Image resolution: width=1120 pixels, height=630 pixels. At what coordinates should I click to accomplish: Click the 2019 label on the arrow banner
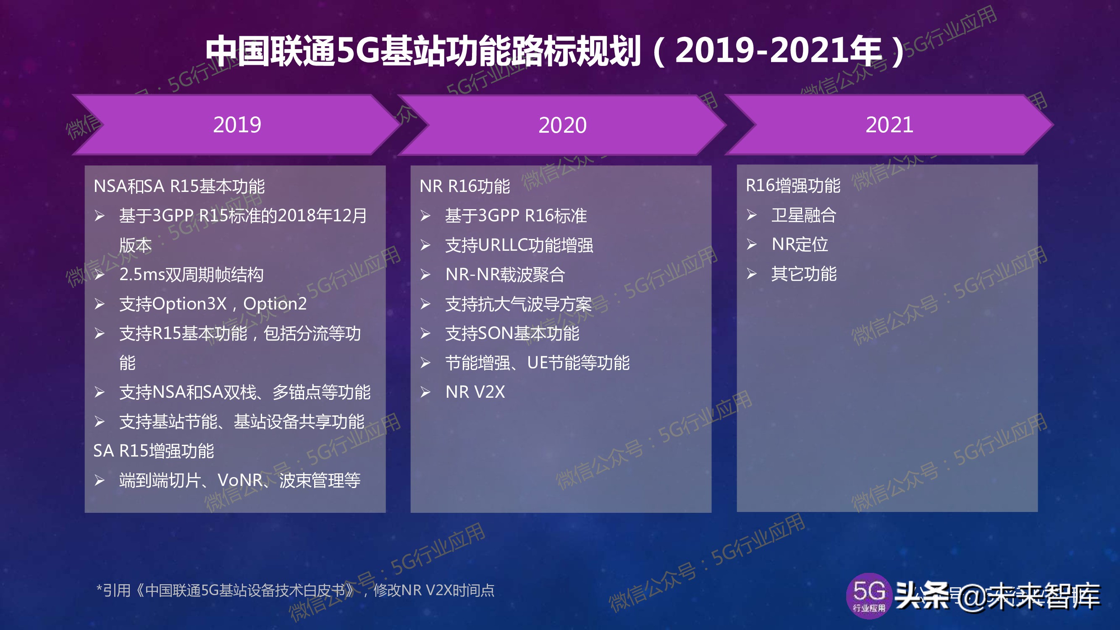[237, 125]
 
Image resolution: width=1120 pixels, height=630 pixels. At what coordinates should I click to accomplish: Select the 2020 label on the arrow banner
[562, 125]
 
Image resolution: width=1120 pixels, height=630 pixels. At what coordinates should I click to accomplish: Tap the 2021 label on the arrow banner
[889, 125]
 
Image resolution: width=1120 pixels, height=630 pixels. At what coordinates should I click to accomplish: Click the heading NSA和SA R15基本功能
[179, 186]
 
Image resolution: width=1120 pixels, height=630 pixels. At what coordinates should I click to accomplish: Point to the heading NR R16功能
[464, 186]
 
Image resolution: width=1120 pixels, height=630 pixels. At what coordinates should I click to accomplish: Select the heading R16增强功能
[792, 185]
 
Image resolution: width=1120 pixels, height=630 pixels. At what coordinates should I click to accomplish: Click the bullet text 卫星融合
[803, 215]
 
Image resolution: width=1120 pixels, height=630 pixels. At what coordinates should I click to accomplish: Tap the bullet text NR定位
[800, 244]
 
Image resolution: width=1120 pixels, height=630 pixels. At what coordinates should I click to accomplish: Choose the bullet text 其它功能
[803, 274]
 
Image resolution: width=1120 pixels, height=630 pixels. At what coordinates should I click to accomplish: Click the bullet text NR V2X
[475, 392]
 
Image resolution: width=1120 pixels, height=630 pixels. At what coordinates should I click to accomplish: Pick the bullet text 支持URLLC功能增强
[519, 245]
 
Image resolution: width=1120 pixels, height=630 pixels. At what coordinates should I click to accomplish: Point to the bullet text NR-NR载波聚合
[505, 274]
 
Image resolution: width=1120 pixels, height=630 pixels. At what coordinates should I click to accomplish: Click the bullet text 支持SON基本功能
[512, 333]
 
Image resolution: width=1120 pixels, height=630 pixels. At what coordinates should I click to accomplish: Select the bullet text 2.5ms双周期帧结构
[191, 274]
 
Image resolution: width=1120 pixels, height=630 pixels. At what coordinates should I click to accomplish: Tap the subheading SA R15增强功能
[153, 451]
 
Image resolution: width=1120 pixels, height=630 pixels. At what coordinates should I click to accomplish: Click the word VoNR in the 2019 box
[240, 480]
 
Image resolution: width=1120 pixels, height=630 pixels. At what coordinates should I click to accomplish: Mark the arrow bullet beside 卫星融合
[752, 215]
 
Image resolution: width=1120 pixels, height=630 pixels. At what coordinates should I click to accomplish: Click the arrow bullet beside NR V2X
[425, 392]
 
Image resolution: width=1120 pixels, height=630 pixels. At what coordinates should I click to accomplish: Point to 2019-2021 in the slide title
[778, 51]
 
